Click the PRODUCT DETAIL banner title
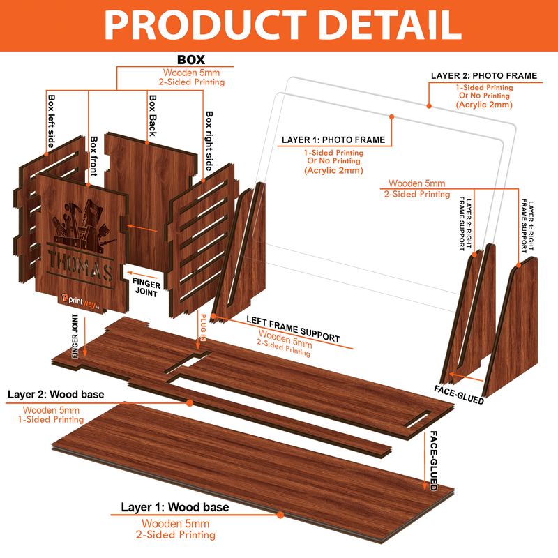[283, 25]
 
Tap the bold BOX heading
[191, 59]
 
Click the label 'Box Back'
[153, 115]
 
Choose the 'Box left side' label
[51, 121]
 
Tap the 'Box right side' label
[209, 141]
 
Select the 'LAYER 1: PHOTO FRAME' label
[333, 140]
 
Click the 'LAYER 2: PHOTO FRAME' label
[484, 76]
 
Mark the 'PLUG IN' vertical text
[203, 328]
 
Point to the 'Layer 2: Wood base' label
[56, 394]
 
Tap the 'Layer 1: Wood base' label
[175, 507]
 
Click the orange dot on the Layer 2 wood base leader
[190, 403]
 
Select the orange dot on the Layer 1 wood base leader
[280, 515]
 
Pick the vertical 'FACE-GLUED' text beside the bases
[434, 461]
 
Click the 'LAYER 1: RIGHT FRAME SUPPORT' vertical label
[527, 227]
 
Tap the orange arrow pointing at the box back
[142, 228]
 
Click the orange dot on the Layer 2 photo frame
[429, 106]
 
